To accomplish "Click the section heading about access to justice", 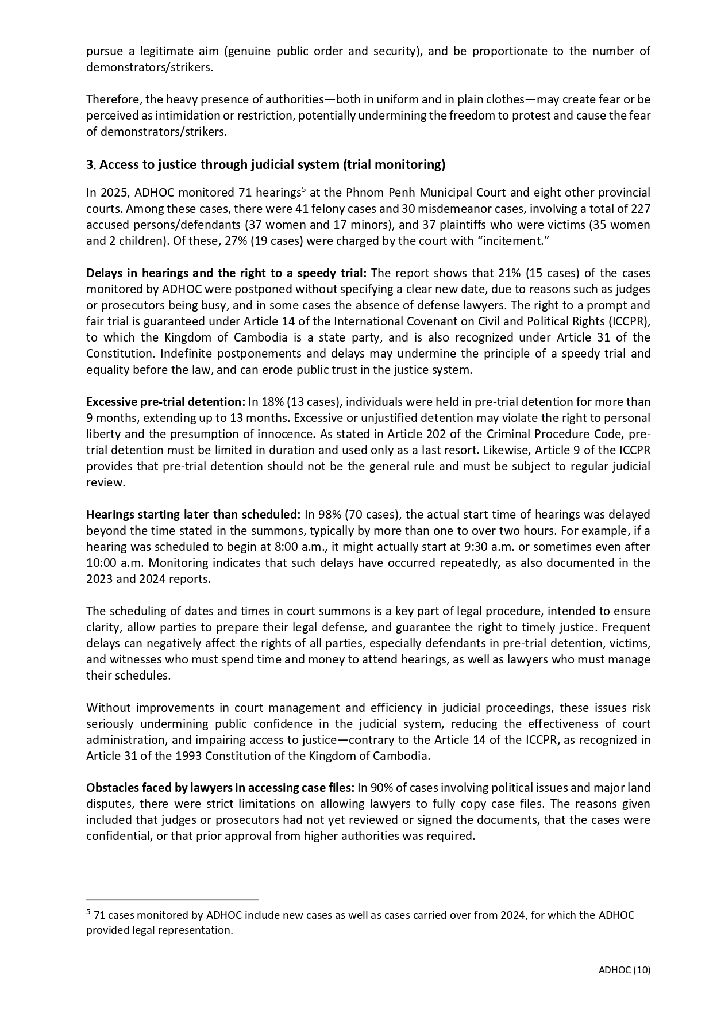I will [x=265, y=165].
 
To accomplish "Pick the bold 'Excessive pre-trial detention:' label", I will [x=165, y=402].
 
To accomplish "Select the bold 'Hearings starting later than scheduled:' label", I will [x=193, y=515].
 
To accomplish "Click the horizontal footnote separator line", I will [x=172, y=899].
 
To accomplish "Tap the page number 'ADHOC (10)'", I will [x=625, y=970].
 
